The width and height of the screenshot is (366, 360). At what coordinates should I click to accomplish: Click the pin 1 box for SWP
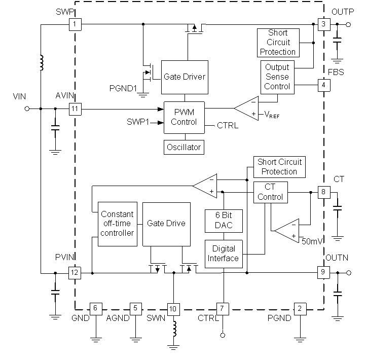click(75, 24)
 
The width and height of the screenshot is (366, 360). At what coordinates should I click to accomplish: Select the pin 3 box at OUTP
click(323, 24)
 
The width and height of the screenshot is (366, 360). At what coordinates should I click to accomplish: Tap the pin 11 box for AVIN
click(75, 109)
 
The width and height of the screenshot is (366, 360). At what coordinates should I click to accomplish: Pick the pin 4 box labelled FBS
click(323, 85)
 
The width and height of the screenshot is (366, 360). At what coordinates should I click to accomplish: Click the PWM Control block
click(184, 117)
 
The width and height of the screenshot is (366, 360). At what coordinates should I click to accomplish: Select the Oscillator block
click(184, 148)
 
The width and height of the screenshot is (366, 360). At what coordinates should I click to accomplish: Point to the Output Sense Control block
click(277, 77)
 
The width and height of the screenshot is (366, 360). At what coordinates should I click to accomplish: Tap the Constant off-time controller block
click(117, 224)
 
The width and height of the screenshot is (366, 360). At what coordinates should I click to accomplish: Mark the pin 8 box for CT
click(323, 193)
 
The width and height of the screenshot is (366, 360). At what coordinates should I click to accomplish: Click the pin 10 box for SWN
click(173, 308)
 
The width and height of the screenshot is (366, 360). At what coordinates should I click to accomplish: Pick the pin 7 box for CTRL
click(223, 308)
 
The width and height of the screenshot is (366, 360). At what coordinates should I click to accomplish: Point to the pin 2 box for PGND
click(300, 308)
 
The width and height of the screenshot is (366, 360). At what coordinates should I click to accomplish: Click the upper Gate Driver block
click(185, 77)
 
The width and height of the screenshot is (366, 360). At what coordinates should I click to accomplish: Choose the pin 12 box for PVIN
click(75, 273)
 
